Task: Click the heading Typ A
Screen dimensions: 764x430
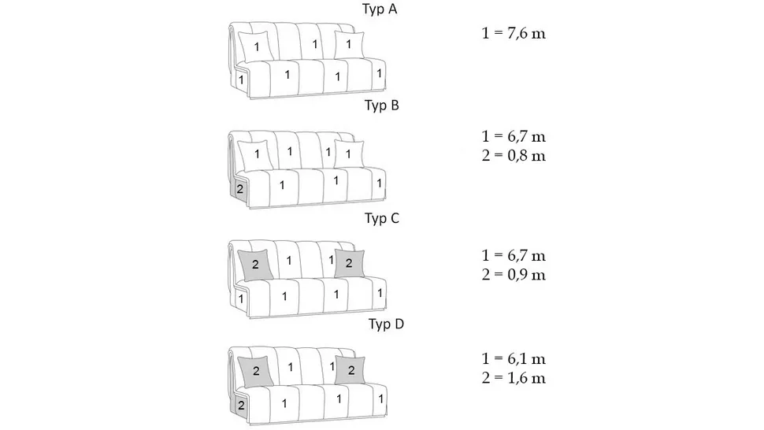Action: pyautogui.click(x=380, y=9)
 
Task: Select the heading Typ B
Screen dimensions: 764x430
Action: pyautogui.click(x=382, y=106)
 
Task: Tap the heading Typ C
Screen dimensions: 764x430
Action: pyautogui.click(x=382, y=218)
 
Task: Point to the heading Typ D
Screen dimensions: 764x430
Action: pyautogui.click(x=387, y=324)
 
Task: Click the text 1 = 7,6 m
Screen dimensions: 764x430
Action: pyautogui.click(x=514, y=34)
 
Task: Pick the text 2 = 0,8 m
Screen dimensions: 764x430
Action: pyautogui.click(x=514, y=156)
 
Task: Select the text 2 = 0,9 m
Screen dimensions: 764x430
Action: pyautogui.click(x=514, y=275)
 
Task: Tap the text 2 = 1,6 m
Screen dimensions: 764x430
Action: pyautogui.click(x=514, y=378)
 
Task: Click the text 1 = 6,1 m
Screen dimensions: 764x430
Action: pyautogui.click(x=514, y=359)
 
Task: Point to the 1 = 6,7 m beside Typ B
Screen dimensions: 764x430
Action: pyautogui.click(x=514, y=136)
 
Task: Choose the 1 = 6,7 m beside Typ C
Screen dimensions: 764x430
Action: pyautogui.click(x=514, y=256)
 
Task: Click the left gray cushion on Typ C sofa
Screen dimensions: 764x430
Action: pyautogui.click(x=255, y=265)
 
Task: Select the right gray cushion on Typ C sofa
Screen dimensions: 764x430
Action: pyautogui.click(x=350, y=264)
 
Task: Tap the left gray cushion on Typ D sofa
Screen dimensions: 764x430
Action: pyautogui.click(x=256, y=372)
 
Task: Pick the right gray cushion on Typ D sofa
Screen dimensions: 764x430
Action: pyautogui.click(x=350, y=370)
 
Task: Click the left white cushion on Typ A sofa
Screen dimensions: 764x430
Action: pyautogui.click(x=255, y=46)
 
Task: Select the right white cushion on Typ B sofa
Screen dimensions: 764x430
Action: pyautogui.click(x=350, y=154)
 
